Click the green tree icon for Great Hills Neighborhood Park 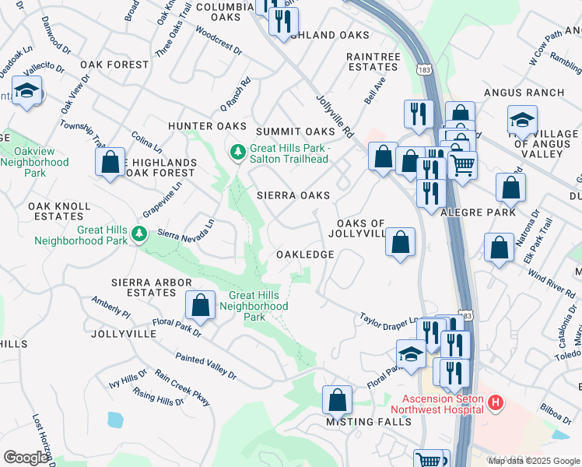(x=139, y=233)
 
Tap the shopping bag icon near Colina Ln (x=110, y=162)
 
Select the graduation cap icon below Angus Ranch (x=522, y=121)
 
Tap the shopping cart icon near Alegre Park (x=462, y=164)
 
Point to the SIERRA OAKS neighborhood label (x=293, y=195)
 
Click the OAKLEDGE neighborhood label (x=305, y=255)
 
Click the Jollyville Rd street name (x=335, y=116)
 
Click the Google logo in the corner (x=26, y=458)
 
